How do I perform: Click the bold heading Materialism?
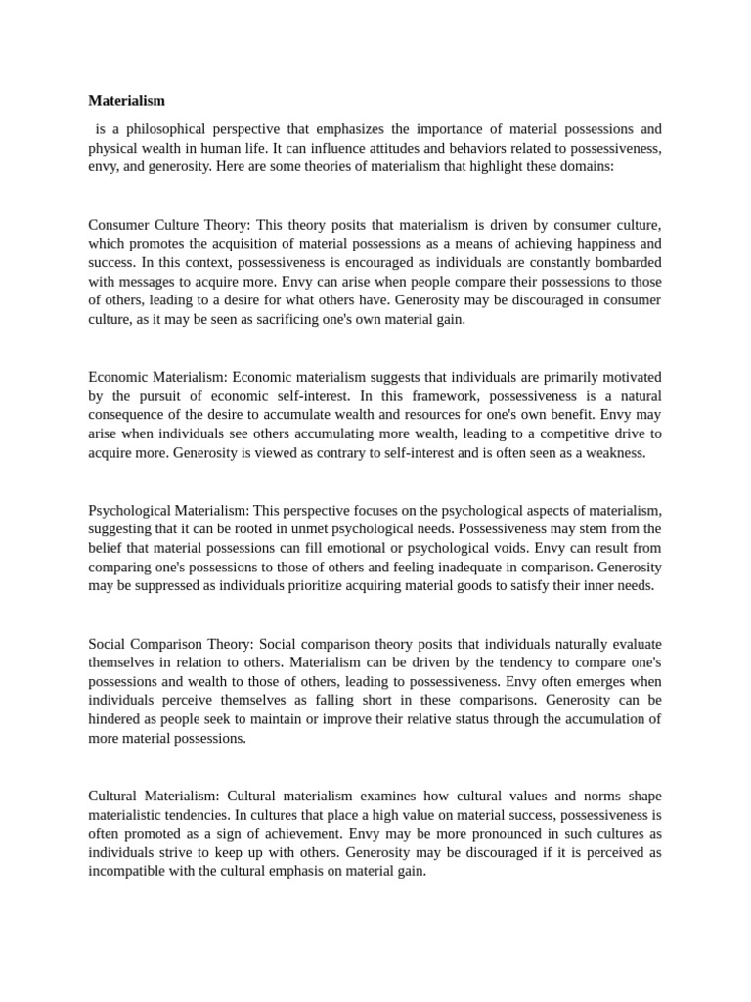click(x=127, y=100)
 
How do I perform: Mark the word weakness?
click(x=615, y=452)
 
